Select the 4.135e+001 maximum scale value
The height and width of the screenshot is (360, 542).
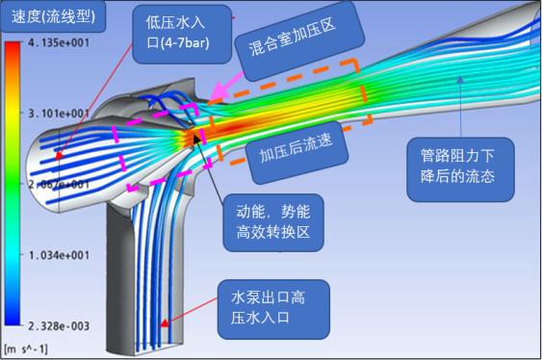pos(61,43)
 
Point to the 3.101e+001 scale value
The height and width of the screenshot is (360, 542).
pos(61,114)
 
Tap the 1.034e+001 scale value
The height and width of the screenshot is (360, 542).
pos(61,255)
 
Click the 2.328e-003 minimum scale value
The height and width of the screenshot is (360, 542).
pos(61,325)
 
